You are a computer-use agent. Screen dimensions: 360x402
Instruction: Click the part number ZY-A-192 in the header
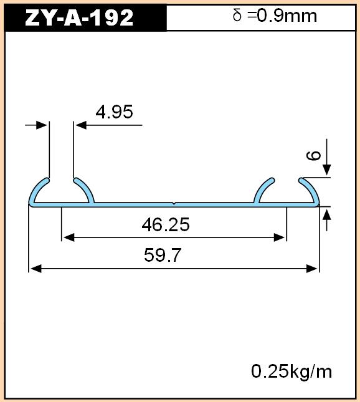[79, 17]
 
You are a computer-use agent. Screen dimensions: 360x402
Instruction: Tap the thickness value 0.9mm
[287, 16]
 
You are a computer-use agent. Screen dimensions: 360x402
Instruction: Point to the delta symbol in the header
[237, 15]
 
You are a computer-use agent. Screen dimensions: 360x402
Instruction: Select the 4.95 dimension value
[114, 112]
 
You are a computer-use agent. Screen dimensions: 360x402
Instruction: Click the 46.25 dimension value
[166, 224]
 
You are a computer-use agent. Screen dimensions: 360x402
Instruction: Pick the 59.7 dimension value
[163, 255]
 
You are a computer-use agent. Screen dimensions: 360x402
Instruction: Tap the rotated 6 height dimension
[314, 155]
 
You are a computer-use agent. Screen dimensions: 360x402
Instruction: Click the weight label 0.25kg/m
[291, 371]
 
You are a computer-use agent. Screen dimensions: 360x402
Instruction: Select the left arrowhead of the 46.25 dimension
[69, 237]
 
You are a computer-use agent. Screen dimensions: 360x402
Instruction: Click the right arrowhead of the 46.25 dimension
[279, 237]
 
